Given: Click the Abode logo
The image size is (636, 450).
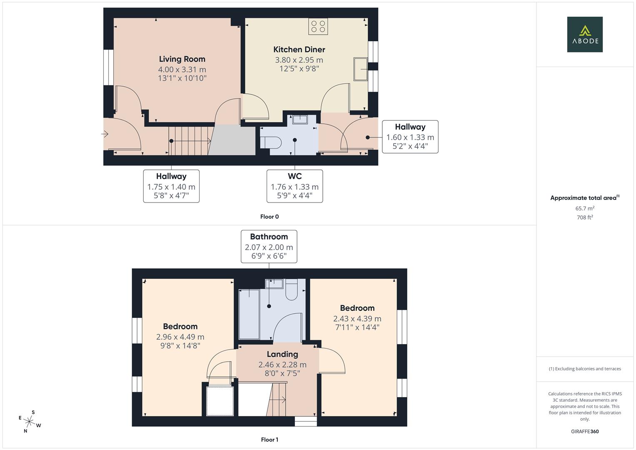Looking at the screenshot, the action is click(x=585, y=34).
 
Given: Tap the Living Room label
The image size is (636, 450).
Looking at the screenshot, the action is click(x=182, y=59).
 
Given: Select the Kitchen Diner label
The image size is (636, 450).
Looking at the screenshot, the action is click(x=299, y=50).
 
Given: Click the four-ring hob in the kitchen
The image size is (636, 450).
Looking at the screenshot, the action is click(x=318, y=26).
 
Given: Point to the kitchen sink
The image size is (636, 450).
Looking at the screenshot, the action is click(x=361, y=69).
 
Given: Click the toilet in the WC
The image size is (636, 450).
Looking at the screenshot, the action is click(x=271, y=142).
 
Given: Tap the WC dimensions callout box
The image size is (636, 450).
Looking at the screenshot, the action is click(x=295, y=186).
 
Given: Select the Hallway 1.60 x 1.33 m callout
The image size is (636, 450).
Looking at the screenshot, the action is click(x=410, y=137).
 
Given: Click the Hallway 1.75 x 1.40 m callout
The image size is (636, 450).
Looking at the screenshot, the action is click(x=171, y=186).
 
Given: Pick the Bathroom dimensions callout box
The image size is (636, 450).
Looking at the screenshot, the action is click(x=269, y=247).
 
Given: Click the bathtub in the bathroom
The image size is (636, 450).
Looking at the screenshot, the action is click(x=249, y=314).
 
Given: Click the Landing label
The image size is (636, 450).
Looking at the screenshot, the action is click(x=282, y=354).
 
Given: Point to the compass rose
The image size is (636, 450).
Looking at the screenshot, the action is click(x=29, y=422).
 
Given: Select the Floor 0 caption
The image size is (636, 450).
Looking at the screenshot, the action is click(x=269, y=217).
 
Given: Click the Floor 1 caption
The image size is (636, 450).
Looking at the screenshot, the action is click(x=269, y=440).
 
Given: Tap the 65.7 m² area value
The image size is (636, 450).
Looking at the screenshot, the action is click(x=585, y=208).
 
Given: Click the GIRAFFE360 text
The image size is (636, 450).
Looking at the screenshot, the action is click(x=585, y=431).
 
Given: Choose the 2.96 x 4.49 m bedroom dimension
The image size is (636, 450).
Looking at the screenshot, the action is click(x=180, y=337).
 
